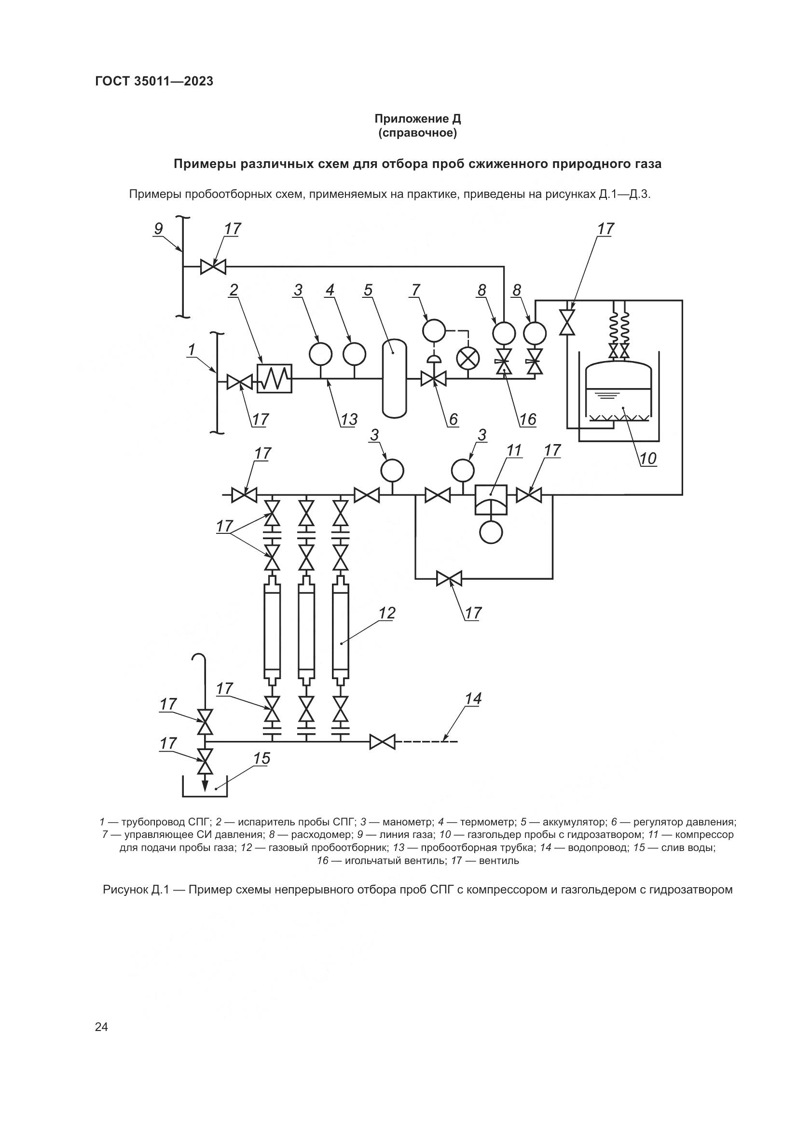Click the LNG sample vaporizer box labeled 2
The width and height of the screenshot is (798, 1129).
274,378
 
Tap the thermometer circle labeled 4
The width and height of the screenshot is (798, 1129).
354,353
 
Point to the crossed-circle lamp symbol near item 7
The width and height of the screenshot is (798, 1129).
468,358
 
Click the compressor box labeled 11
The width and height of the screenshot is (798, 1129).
490,499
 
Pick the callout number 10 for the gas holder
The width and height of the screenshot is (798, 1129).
647,459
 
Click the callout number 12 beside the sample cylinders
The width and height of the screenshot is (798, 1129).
387,613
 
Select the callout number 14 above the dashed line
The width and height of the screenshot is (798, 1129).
473,699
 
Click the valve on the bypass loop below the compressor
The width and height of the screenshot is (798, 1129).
449,579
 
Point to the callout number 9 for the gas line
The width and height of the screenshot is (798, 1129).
158,229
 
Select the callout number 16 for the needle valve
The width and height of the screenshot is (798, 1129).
528,419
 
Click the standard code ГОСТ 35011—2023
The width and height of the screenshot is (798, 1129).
154,81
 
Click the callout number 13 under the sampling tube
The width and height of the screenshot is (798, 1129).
349,419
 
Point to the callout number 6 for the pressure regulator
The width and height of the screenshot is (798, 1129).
453,419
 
